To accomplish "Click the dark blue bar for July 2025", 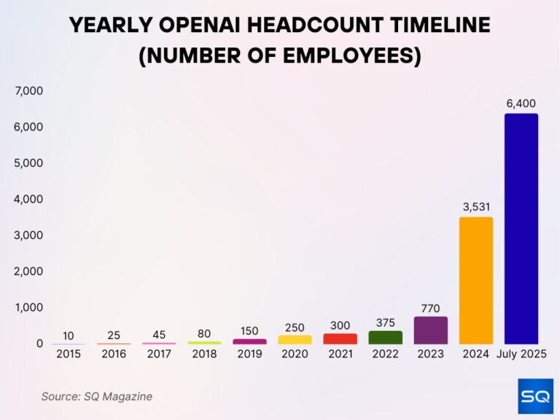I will point(521,229).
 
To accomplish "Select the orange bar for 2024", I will point(476,281).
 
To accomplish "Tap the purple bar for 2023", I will point(430,330).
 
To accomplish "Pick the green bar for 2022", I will point(385,338).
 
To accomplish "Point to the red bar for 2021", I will point(340,339).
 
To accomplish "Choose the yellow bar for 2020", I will point(295,340).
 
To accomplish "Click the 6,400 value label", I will point(521,104).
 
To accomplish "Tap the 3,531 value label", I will point(476,207).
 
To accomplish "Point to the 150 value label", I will point(249,331).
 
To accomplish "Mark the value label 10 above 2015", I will point(69,336).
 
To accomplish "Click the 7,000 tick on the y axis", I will point(28,91).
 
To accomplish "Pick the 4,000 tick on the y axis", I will point(28,199).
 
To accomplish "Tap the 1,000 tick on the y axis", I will point(28,307).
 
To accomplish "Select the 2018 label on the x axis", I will point(204,354).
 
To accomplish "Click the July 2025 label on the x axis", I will point(521,354).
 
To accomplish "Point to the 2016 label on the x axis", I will point(114,354).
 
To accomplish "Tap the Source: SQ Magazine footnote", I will point(96,397).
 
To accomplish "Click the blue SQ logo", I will point(535,396).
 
